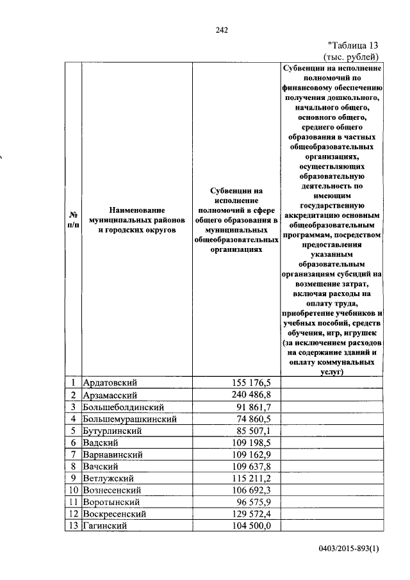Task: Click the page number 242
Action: pos(222,29)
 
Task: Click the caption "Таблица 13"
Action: pos(353,45)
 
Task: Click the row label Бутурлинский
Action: pos(111,431)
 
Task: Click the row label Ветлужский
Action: pos(108,479)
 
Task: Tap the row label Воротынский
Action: pos(110,502)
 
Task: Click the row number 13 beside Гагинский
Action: pos(74,526)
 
